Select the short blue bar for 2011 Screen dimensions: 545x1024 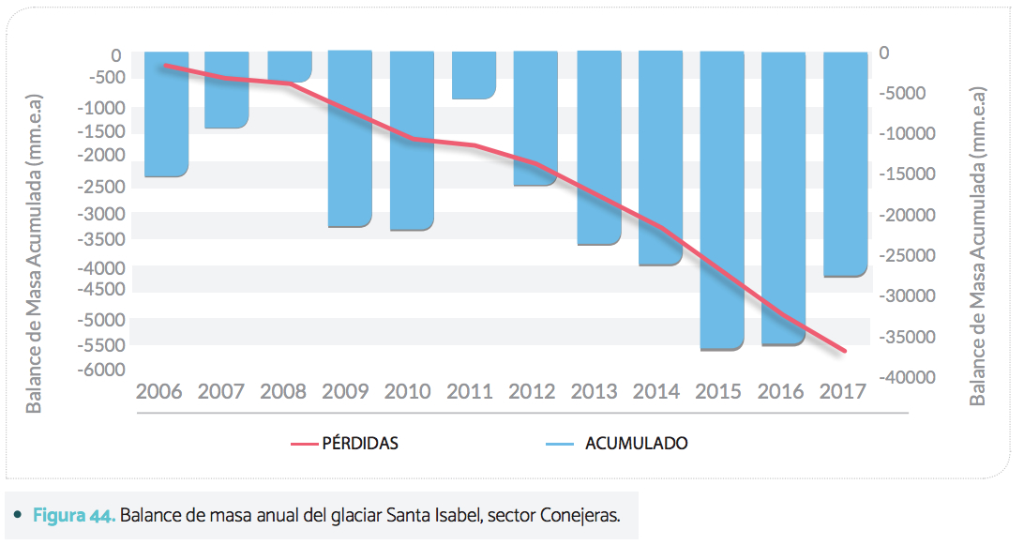pos(474,75)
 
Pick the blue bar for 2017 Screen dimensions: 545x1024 pos(845,164)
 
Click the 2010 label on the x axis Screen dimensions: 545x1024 pos(408,391)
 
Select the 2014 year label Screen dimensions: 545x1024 pos(656,391)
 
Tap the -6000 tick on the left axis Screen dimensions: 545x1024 pos(100,370)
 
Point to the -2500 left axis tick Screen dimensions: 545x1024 pos(100,187)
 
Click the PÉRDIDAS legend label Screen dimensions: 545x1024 pos(360,443)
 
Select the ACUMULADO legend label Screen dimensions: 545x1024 pos(636,443)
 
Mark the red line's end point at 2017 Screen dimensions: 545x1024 pos(845,352)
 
